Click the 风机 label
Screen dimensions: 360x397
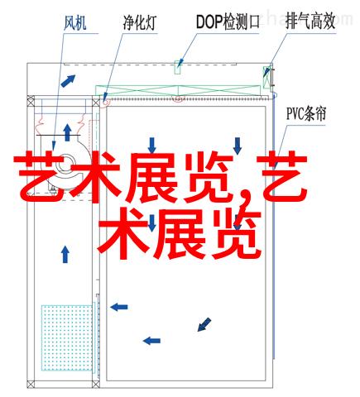[x=75, y=23]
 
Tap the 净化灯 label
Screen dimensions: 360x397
[x=140, y=22]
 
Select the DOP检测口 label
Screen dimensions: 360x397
[x=228, y=22]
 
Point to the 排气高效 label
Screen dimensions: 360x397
[x=310, y=22]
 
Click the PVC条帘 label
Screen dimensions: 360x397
[x=306, y=113]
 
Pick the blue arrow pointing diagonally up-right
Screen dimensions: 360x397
[x=68, y=81]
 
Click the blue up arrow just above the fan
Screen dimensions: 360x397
[x=67, y=132]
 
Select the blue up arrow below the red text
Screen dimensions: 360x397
[x=65, y=254]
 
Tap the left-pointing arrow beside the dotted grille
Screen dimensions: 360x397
[x=119, y=307]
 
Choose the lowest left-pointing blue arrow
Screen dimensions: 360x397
[x=151, y=341]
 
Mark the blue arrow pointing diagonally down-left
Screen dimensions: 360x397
[x=204, y=324]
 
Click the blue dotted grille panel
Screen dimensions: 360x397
[x=66, y=337]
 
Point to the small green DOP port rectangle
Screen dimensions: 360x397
[x=178, y=67]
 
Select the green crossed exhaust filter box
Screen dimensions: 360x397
[x=267, y=77]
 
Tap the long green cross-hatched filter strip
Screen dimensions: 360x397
[x=178, y=91]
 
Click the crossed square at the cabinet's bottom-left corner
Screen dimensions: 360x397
[x=31, y=384]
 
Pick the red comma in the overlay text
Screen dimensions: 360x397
[x=243, y=199]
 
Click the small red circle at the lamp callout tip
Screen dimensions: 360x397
[x=106, y=102]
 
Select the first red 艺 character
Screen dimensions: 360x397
[x=41, y=176]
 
